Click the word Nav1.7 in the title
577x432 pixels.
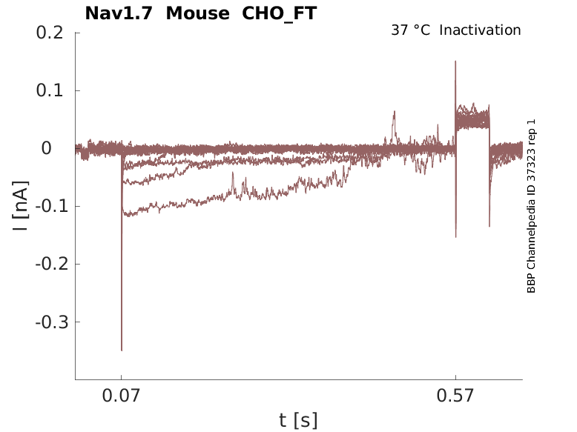121,13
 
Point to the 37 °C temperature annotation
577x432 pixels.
410,30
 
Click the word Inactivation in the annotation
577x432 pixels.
481,30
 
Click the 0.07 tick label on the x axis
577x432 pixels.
122,396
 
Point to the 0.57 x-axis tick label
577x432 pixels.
455,396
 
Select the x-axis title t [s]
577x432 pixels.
298,421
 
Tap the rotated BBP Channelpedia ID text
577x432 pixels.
531,206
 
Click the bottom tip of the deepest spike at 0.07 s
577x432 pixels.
122,350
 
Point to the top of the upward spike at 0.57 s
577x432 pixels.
455,62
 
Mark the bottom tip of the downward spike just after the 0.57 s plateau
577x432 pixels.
489,226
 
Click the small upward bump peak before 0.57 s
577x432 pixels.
395,112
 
